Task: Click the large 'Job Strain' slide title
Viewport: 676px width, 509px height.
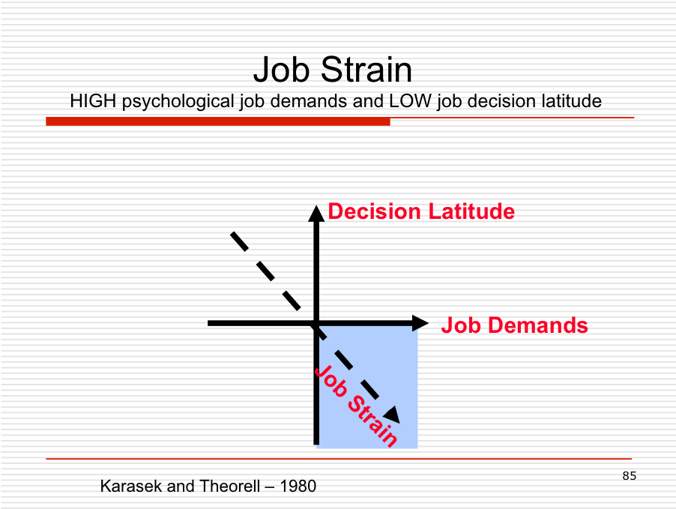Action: tap(333, 70)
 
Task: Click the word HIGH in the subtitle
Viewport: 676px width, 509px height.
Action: tap(93, 101)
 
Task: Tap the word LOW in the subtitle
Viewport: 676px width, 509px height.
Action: tap(410, 101)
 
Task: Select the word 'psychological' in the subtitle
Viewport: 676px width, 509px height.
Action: tap(178, 102)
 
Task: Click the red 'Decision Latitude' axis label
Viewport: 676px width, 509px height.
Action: tap(421, 211)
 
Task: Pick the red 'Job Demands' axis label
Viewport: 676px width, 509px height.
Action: tap(514, 325)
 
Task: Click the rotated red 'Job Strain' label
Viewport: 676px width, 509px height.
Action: tap(356, 406)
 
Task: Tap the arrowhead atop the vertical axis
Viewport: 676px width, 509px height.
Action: tap(316, 213)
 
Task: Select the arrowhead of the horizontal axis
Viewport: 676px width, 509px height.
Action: tap(420, 323)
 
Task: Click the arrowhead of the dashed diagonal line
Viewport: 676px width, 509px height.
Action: tap(392, 415)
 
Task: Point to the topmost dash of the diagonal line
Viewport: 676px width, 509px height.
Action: tap(239, 241)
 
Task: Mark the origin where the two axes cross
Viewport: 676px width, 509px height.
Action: tap(316, 323)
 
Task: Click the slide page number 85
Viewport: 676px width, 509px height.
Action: tap(629, 476)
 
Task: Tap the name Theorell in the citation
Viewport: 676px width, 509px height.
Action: tap(230, 487)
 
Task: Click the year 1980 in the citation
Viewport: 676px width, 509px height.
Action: tap(298, 487)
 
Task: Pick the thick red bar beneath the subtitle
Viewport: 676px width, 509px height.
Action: tap(218, 121)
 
